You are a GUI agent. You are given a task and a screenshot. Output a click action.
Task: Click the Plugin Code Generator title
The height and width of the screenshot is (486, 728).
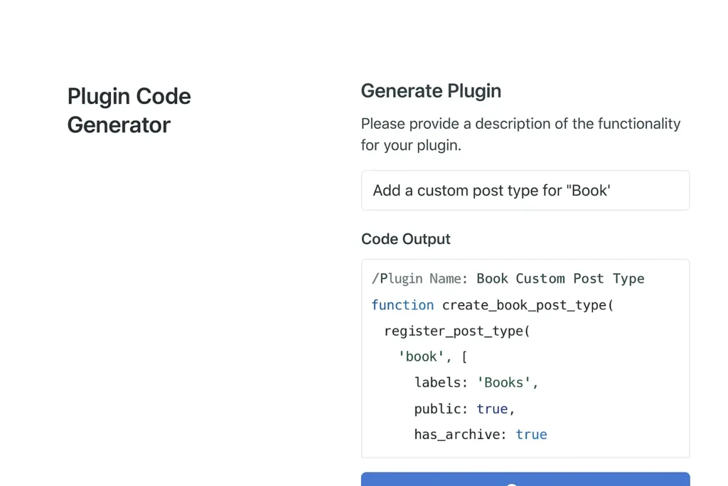click(x=129, y=110)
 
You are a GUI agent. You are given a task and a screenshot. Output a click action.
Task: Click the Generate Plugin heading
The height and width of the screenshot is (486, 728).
click(x=431, y=91)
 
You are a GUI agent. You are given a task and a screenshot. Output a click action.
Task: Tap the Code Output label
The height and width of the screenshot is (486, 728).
click(x=405, y=239)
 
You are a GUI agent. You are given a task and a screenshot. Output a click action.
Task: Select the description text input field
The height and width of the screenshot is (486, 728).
click(x=525, y=190)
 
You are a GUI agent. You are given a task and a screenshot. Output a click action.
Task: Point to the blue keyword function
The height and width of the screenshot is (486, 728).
click(x=402, y=305)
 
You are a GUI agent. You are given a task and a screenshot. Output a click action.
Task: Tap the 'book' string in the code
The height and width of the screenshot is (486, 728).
click(x=422, y=356)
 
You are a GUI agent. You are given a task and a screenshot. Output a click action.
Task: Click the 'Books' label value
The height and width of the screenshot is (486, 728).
click(x=504, y=383)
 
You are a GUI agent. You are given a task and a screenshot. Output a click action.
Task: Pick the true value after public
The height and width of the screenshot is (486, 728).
click(x=493, y=409)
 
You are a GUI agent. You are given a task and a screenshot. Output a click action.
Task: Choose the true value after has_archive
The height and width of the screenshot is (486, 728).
click(x=531, y=435)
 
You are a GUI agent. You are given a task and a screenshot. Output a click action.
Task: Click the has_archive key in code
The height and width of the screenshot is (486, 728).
click(x=456, y=435)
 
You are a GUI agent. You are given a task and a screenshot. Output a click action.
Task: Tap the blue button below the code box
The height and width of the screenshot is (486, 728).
click(x=525, y=479)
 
